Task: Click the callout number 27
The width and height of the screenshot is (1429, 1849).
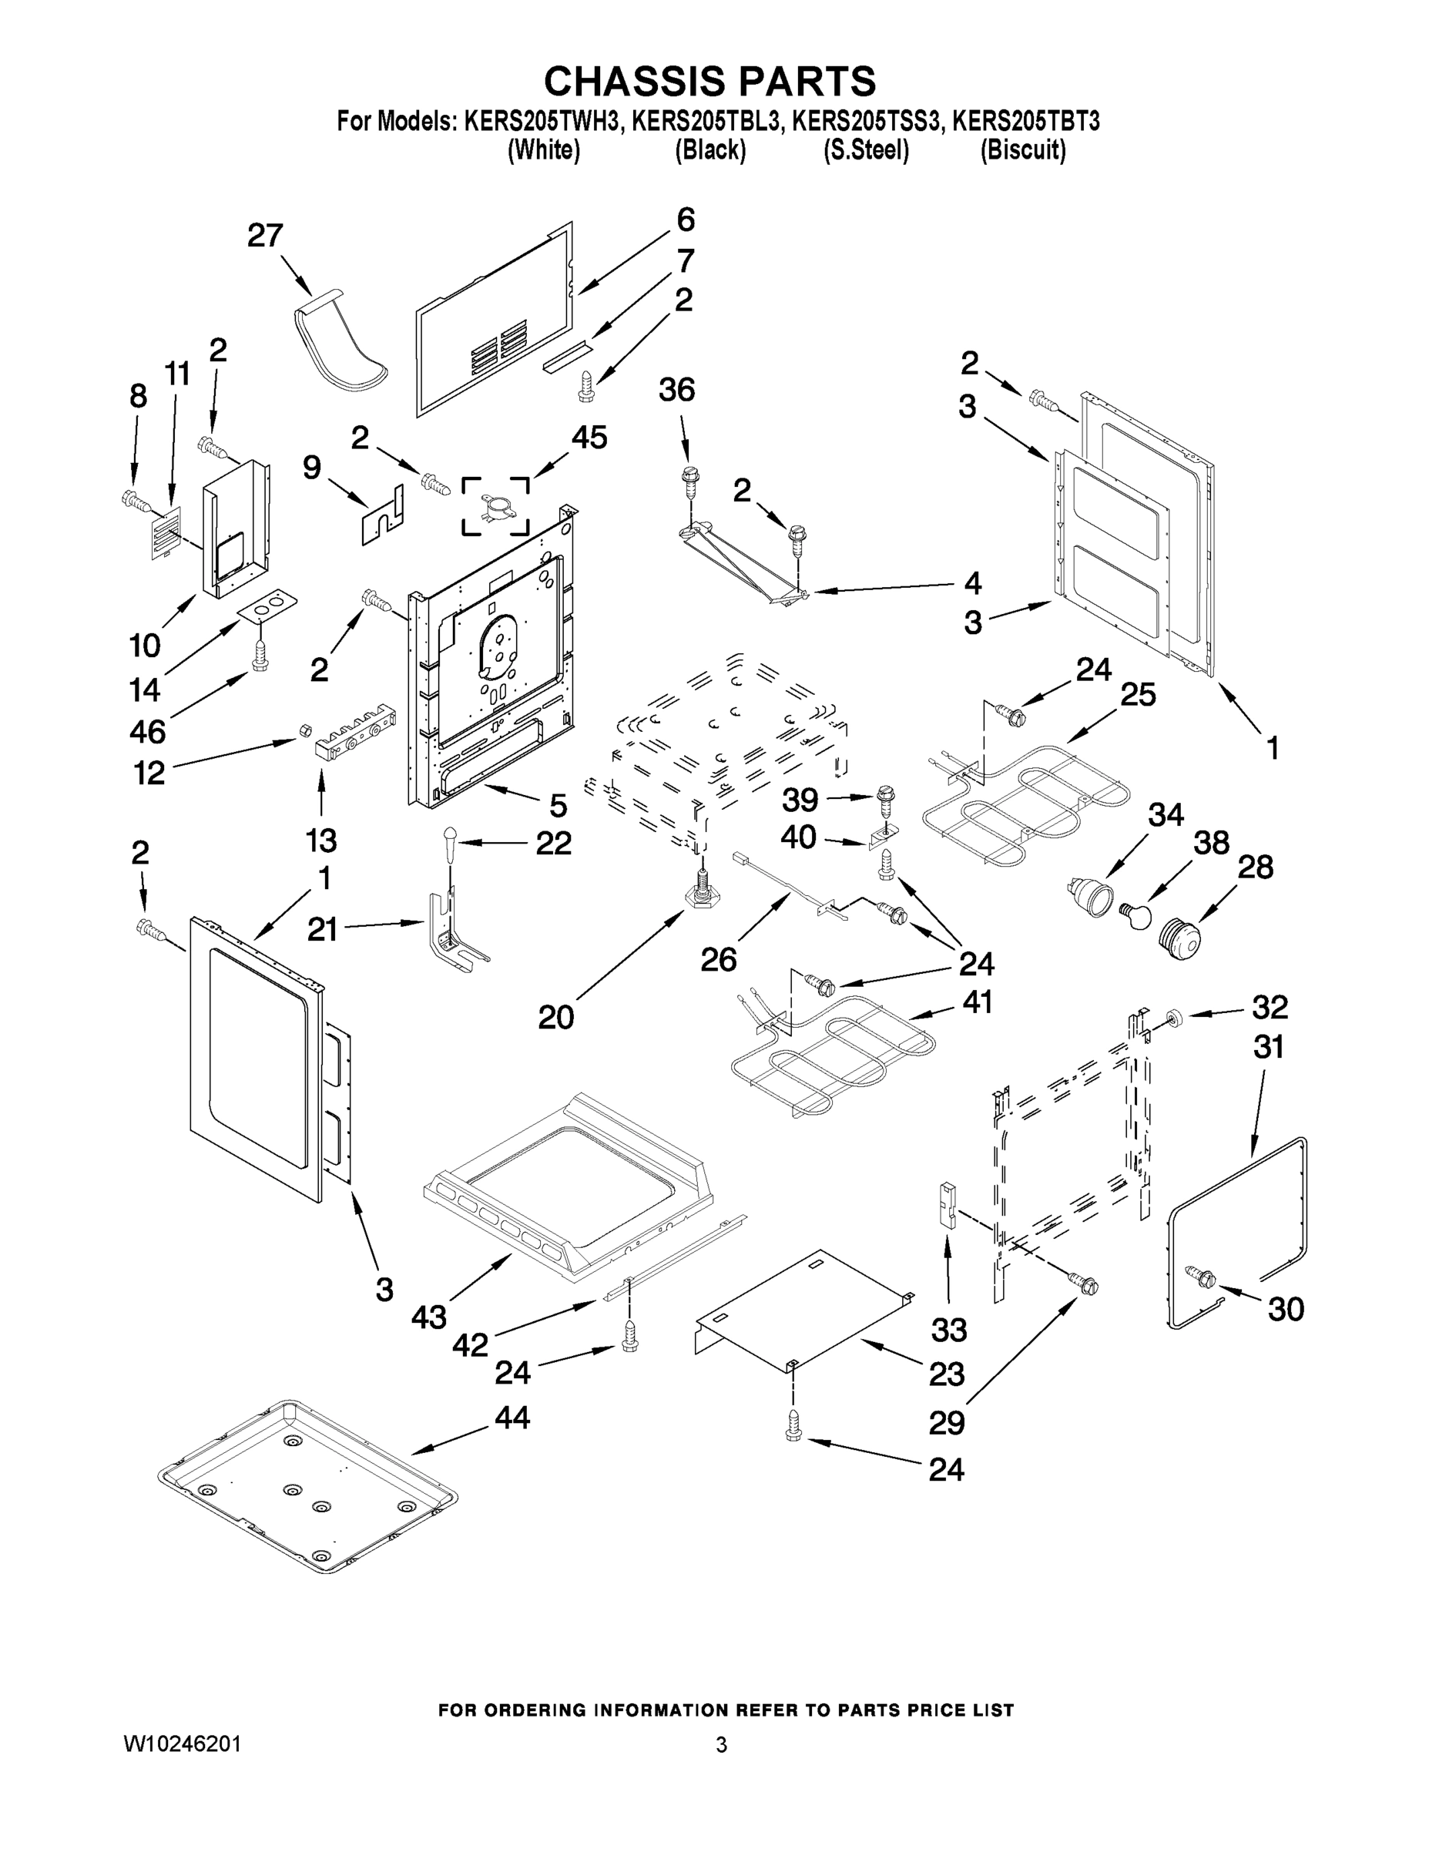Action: click(x=265, y=235)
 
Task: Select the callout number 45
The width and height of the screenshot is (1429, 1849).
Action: click(x=589, y=438)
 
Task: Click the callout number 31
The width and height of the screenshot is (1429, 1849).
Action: click(x=1268, y=1047)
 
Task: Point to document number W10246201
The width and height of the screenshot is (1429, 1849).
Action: click(x=182, y=1743)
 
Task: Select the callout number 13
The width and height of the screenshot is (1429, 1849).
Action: click(x=320, y=840)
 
